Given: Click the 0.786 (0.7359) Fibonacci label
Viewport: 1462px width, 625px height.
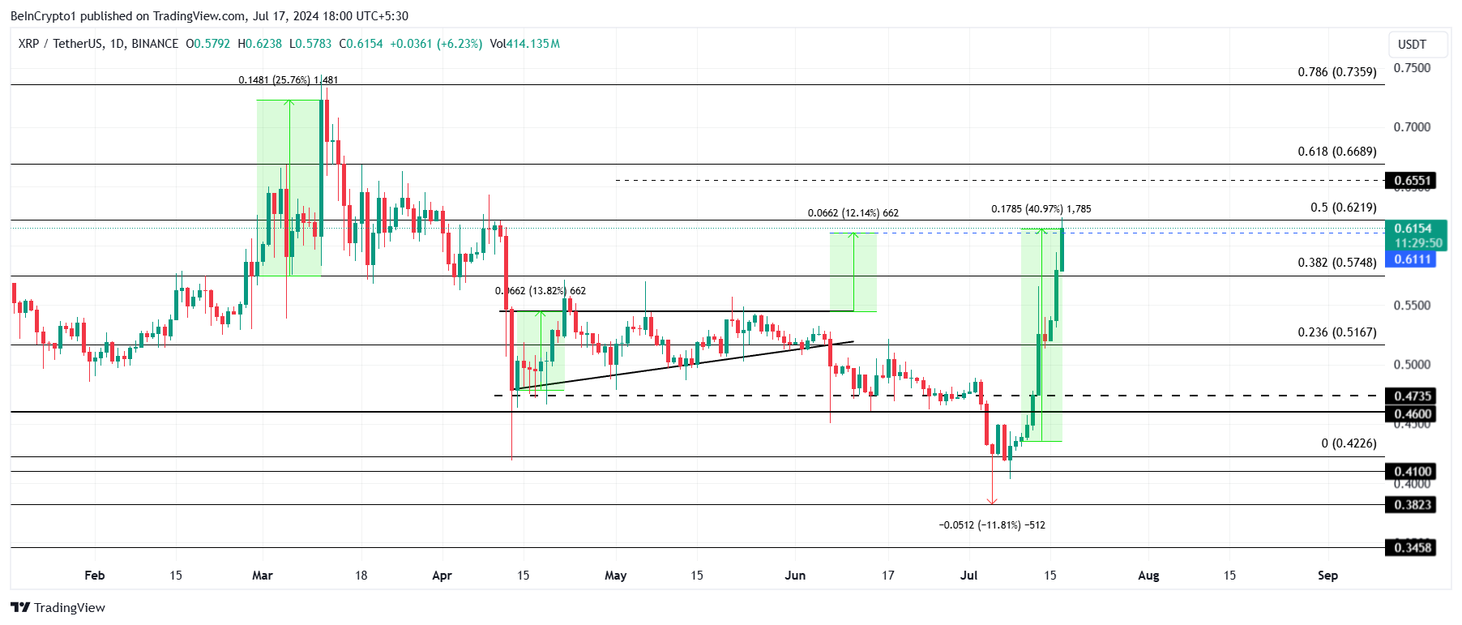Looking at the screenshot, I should (x=1336, y=72).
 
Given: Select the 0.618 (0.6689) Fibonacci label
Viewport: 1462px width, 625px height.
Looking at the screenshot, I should (x=1336, y=152).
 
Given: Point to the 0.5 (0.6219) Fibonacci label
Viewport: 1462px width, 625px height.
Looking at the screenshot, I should (x=1343, y=208).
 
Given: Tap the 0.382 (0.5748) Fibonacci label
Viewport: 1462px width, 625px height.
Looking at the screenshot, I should (x=1336, y=263).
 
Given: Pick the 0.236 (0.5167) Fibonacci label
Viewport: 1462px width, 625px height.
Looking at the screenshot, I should (x=1336, y=332).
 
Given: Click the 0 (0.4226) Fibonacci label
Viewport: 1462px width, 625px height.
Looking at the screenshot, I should (x=1349, y=443).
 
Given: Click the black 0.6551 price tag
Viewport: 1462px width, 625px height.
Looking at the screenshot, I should (x=1412, y=181).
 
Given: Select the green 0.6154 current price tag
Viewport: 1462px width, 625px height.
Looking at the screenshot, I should (x=1412, y=229).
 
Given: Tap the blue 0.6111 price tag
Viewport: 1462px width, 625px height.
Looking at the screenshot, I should (x=1412, y=259).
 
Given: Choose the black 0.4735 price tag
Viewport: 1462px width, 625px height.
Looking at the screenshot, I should (x=1412, y=396).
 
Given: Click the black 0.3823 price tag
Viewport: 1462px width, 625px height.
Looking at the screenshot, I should (x=1412, y=505).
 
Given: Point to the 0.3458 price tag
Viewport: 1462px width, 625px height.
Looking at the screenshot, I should (x=1412, y=548).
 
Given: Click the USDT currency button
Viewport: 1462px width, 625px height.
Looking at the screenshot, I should (x=1412, y=45).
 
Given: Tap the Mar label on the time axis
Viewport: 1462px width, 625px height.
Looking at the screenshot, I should (x=263, y=576).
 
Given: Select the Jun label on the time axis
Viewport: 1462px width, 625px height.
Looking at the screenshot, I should (x=795, y=576).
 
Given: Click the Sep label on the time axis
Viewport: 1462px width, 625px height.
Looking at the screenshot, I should (x=1327, y=576).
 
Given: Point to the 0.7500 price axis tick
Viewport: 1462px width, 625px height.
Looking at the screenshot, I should (x=1412, y=68).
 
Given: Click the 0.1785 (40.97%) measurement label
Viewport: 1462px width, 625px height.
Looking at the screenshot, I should (x=1041, y=209).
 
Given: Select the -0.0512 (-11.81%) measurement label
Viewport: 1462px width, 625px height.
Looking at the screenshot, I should (x=991, y=525).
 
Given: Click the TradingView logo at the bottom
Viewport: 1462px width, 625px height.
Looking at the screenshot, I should (x=58, y=608).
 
